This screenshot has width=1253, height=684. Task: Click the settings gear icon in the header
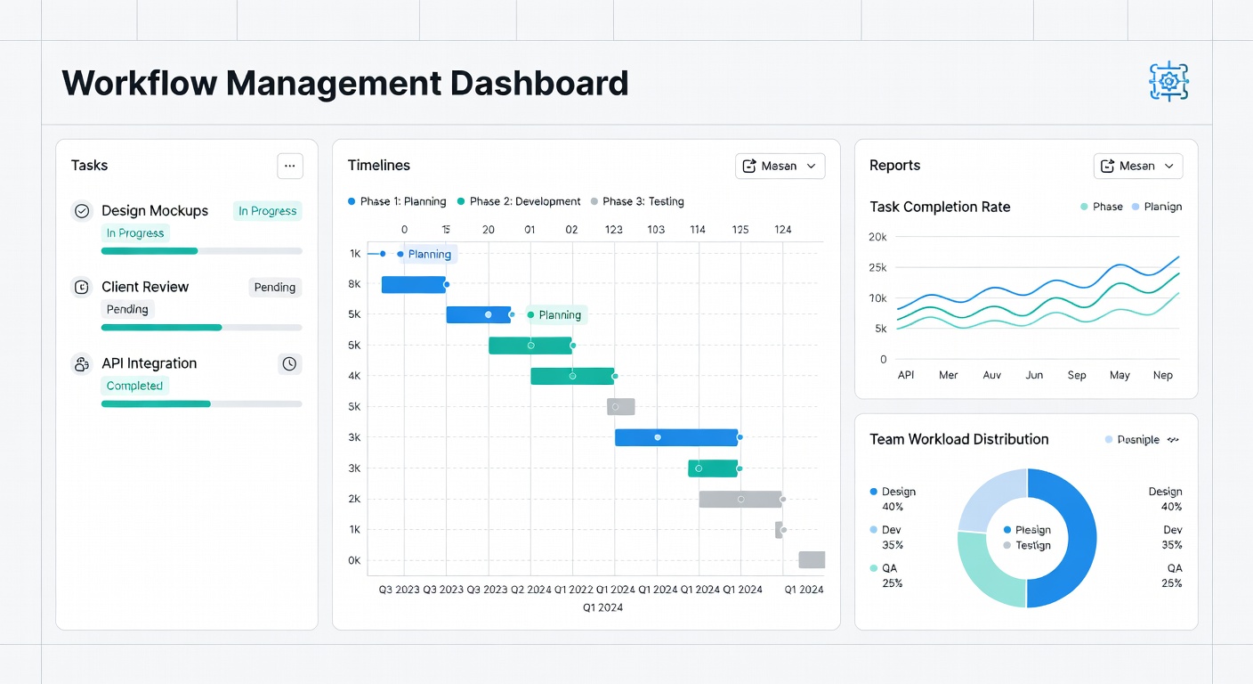[1168, 82]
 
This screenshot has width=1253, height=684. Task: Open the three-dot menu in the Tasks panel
[290, 166]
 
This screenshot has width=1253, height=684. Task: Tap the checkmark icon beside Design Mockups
[82, 211]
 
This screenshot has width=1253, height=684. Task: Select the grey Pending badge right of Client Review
[275, 287]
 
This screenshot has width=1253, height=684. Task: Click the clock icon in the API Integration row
[289, 364]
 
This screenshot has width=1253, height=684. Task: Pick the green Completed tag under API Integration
[134, 386]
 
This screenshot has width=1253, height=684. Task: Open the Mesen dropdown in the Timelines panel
[780, 167]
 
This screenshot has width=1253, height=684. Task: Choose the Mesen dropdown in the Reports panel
[1138, 167]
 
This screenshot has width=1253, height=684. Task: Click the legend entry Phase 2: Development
[519, 201]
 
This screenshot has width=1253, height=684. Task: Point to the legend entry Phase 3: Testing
[637, 201]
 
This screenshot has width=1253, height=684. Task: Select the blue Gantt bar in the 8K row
[414, 284]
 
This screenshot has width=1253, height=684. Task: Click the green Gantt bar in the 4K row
[572, 376]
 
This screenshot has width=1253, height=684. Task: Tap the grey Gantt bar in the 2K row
[740, 499]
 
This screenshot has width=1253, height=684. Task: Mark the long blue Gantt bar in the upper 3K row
[676, 437]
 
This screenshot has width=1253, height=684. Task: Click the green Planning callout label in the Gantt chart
[554, 315]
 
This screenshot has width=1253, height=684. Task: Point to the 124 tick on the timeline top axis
[782, 230]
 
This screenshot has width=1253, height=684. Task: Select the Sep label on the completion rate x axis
[1076, 375]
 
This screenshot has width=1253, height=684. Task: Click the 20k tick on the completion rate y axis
[877, 237]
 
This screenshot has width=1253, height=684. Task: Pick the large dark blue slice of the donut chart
[1069, 537]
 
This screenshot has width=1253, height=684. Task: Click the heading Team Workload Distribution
[958, 439]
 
